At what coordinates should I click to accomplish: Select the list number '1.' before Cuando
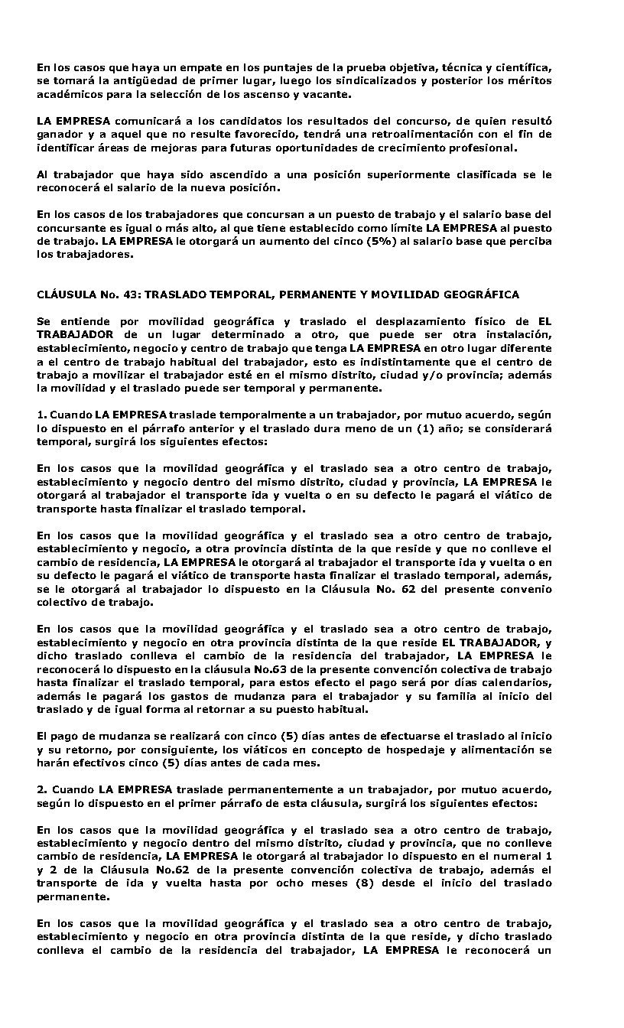(x=42, y=415)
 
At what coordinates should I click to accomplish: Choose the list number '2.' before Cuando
(x=42, y=789)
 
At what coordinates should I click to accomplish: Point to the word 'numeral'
(x=518, y=857)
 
